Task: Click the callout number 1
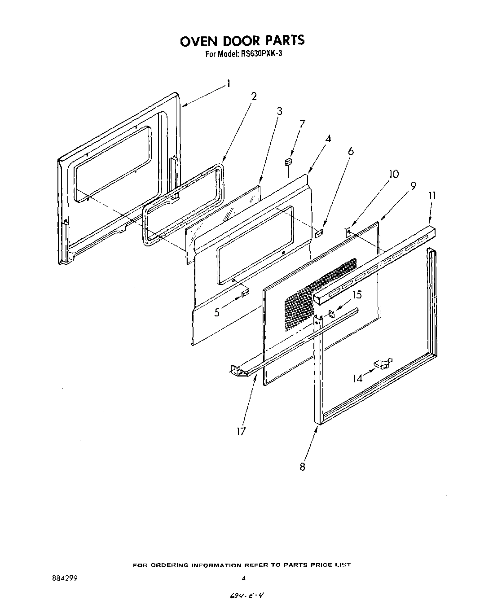(229, 83)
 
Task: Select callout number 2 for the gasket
(254, 96)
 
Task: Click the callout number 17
(241, 431)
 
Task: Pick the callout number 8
(303, 467)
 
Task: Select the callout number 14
(357, 378)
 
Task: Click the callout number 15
(357, 295)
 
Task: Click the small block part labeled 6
(319, 233)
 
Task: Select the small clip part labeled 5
(245, 294)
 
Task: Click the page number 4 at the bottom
(243, 578)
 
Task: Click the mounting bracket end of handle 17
(237, 369)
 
